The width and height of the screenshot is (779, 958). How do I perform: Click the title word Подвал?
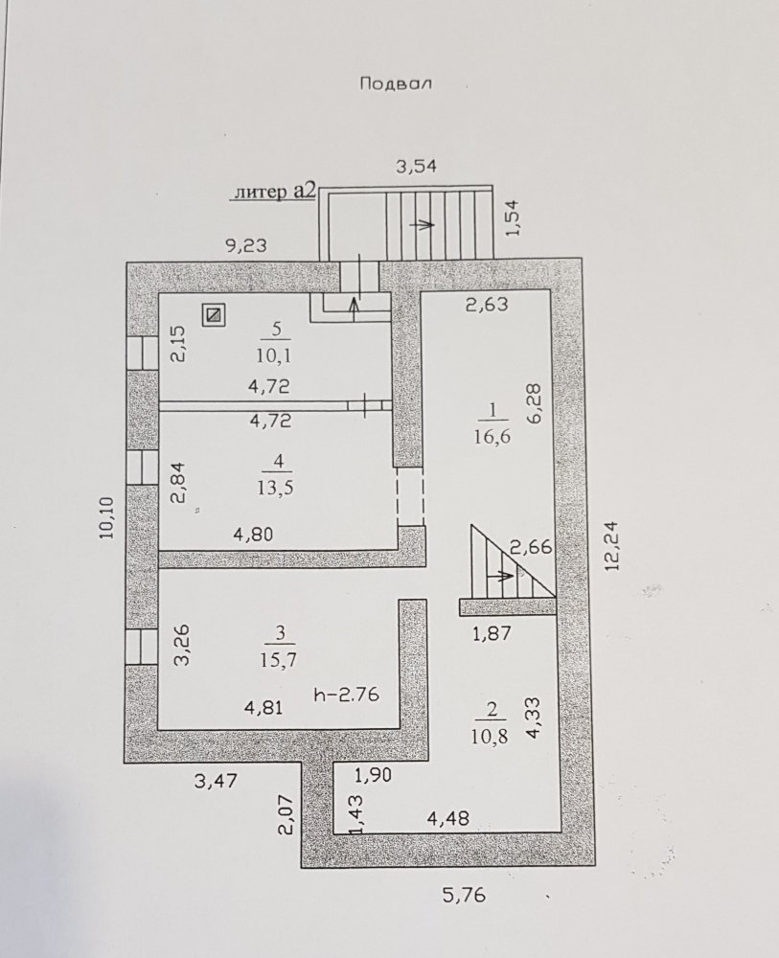tap(396, 83)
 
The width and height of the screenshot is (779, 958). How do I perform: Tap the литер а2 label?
tap(274, 192)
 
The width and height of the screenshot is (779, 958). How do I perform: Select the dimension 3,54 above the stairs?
tap(417, 166)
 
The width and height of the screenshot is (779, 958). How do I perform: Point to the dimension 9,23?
tap(246, 245)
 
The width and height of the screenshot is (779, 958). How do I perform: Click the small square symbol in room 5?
tap(215, 314)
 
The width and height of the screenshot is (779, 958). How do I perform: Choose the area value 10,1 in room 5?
tap(275, 355)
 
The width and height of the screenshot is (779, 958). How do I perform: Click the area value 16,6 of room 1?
tap(492, 436)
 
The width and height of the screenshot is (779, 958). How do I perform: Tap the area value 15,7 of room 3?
tap(279, 660)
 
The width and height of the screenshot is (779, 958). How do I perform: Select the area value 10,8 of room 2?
tap(490, 736)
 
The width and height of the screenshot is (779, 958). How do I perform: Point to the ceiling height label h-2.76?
tap(347, 695)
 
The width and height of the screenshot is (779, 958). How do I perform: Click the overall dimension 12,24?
tap(611, 546)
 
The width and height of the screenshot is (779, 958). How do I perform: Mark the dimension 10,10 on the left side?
tap(106, 517)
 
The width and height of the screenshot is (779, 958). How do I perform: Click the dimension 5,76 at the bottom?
tap(464, 895)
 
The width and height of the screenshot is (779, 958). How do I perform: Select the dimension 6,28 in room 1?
tap(534, 404)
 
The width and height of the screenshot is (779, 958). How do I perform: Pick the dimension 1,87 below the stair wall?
tap(492, 634)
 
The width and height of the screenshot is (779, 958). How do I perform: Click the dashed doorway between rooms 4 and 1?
tap(409, 496)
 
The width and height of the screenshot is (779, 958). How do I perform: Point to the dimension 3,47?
tap(216, 780)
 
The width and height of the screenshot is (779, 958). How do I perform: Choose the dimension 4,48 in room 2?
tap(448, 818)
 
